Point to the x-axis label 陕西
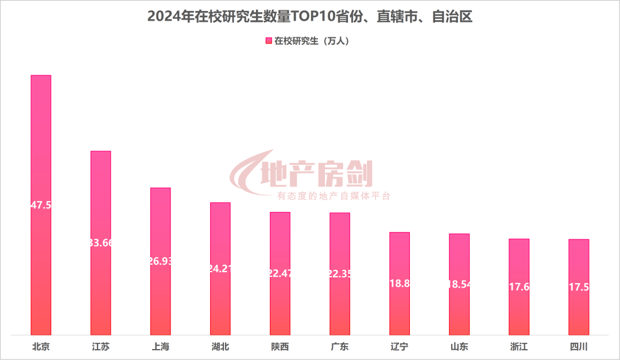pos(280,347)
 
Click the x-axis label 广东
pos(340,347)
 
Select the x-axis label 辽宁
pos(400,347)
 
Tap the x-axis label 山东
pos(459,347)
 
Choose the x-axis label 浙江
pos(519,347)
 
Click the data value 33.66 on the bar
pos(101,243)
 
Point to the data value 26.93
pos(161,261)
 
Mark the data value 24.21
pos(220,268)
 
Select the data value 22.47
pos(280,273)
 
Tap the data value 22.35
pos(340,273)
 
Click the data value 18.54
pos(459,284)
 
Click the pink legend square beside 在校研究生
pos(268,41)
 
